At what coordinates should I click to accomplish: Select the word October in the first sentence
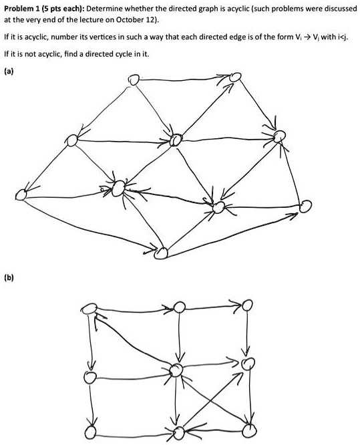click(x=128, y=21)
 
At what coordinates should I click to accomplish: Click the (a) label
click(x=9, y=71)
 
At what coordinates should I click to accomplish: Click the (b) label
click(x=9, y=277)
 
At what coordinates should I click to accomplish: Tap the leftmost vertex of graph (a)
click(x=21, y=194)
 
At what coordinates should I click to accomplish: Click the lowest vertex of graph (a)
click(x=161, y=253)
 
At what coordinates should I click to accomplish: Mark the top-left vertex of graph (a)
click(x=134, y=80)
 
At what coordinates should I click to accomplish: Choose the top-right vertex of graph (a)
click(x=235, y=77)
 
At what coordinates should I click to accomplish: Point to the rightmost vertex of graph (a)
click(x=306, y=206)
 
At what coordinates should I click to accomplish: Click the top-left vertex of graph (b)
click(x=89, y=308)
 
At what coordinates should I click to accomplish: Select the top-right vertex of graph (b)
click(x=246, y=305)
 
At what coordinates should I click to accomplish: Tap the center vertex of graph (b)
click(x=176, y=369)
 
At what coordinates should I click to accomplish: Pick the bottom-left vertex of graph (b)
click(x=90, y=432)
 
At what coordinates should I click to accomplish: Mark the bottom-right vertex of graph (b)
click(x=249, y=430)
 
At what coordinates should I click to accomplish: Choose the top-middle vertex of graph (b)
click(x=179, y=307)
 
